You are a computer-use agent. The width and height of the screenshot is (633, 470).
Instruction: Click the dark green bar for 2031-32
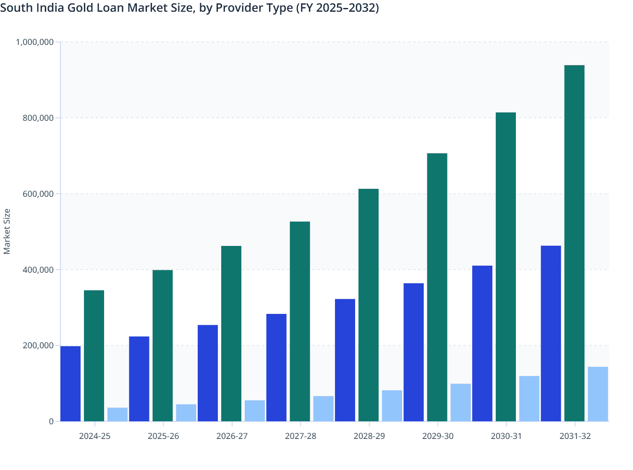[x=574, y=243]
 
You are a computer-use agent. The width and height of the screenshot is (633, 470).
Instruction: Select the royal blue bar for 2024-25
[x=71, y=384]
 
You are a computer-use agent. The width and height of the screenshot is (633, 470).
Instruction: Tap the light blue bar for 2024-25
[x=118, y=414]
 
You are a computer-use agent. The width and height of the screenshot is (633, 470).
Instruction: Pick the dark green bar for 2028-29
[x=369, y=305]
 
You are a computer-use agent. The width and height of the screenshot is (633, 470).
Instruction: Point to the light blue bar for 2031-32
[x=598, y=394]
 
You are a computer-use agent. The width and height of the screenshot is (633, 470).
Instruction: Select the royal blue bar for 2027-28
[x=276, y=368]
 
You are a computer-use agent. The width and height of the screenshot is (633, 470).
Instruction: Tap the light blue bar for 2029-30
[x=460, y=402]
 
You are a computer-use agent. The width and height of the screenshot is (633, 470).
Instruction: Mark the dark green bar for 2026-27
[x=231, y=334]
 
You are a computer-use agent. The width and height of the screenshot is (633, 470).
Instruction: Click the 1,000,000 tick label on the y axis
[x=34, y=42]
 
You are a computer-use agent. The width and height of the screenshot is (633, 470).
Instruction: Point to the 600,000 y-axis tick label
[x=38, y=194]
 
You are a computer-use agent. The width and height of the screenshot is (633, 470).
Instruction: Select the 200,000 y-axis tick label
[x=38, y=345]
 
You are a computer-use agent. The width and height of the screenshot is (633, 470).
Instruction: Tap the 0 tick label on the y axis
[x=51, y=421]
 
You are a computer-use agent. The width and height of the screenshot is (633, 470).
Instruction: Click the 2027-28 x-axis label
[x=301, y=436]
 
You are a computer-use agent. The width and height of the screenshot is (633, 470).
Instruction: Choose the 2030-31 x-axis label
[x=506, y=436]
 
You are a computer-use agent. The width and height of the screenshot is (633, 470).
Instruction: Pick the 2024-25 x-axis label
[x=95, y=436]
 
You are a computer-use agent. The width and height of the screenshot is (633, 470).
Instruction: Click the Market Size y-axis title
[x=7, y=231]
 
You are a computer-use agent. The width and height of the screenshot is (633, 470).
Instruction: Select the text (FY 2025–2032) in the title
[x=337, y=8]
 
